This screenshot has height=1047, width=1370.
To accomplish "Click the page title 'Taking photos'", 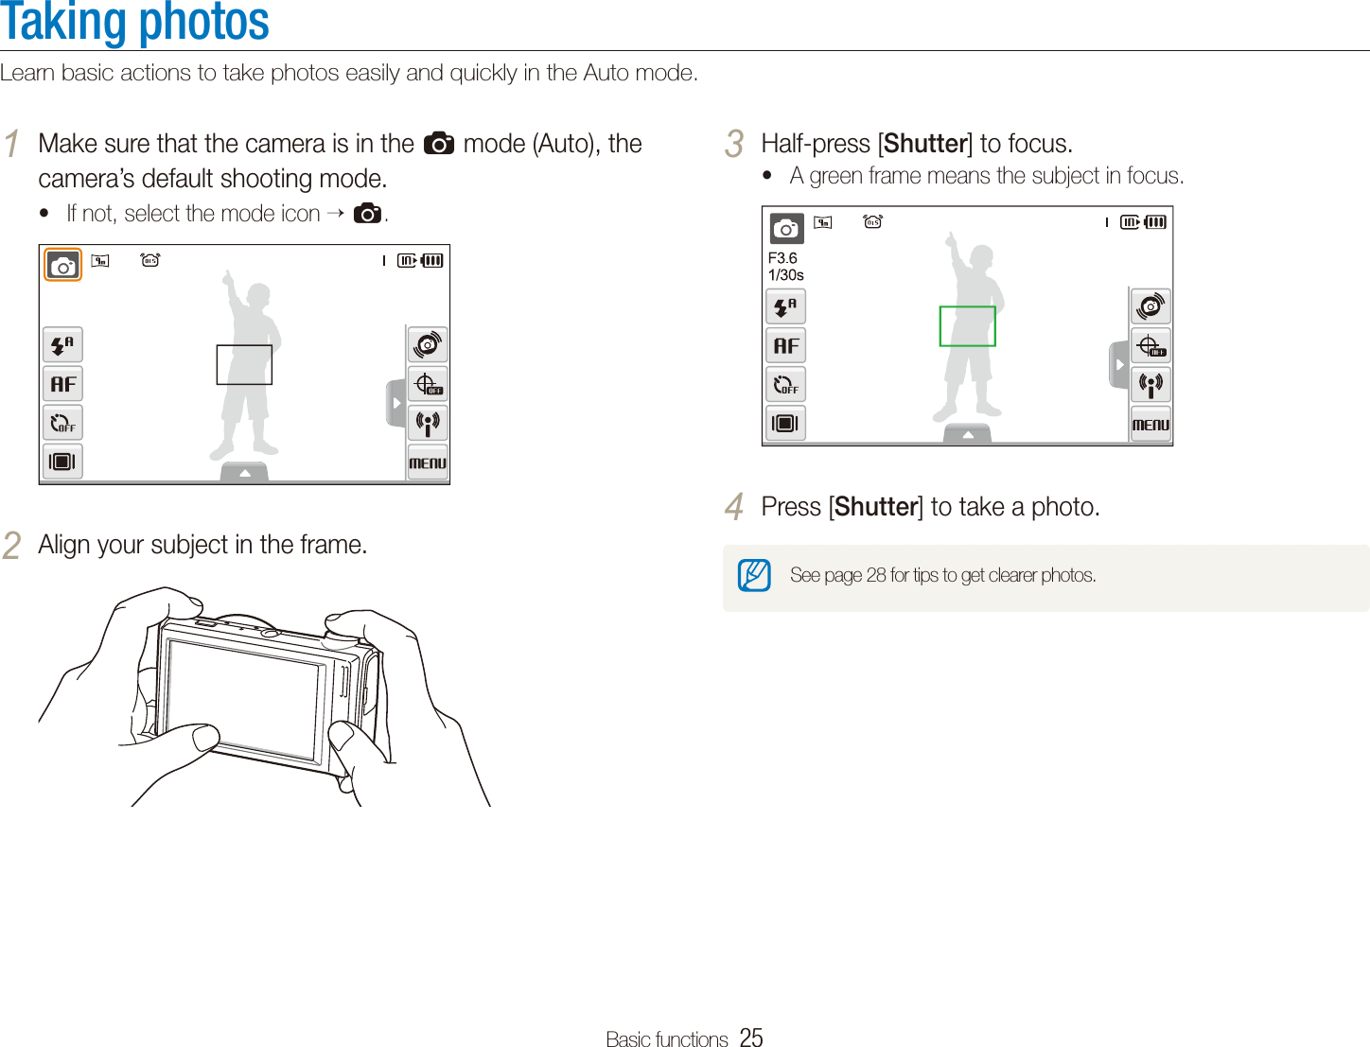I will (135, 23).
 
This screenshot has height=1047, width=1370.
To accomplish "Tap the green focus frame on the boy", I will (967, 326).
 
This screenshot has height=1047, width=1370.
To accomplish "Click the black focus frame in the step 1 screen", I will (244, 365).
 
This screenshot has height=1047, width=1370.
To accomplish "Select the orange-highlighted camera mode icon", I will (63, 266).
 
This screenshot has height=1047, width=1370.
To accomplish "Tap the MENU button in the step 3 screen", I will (1150, 425).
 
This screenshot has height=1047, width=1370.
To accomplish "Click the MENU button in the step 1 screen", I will (428, 462).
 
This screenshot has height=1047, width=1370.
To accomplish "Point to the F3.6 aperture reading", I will (782, 258).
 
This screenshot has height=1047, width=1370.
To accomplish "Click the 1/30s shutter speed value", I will (786, 275).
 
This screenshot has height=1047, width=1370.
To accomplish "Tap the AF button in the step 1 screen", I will (63, 384).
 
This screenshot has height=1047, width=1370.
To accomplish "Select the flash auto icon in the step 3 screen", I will (785, 307).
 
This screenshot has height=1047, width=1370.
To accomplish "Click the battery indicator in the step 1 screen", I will (431, 261).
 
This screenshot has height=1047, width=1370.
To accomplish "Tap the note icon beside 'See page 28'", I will (754, 575).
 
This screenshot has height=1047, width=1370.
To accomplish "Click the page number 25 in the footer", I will (751, 1038).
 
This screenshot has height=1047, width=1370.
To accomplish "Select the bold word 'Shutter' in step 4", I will (876, 508).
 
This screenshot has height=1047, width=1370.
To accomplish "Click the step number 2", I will (11, 546).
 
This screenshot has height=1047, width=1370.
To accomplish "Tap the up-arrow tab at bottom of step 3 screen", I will (967, 434).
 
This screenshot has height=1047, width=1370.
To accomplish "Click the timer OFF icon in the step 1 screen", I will (63, 423).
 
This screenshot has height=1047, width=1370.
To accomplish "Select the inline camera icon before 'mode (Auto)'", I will (439, 144).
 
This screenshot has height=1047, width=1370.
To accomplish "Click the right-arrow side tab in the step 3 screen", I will (1119, 365).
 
